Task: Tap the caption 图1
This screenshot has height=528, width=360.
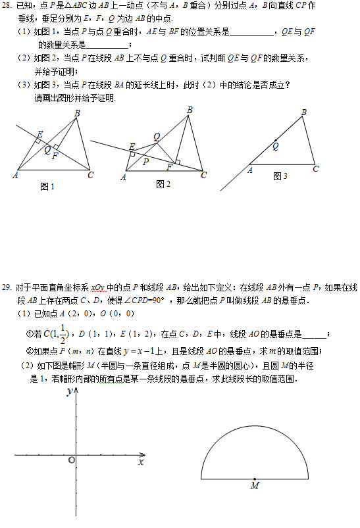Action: (47, 187)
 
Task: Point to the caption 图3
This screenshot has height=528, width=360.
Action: (280, 176)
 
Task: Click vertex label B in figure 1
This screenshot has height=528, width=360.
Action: (77, 114)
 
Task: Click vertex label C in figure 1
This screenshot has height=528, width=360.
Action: (90, 175)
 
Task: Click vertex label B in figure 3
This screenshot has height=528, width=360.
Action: (304, 112)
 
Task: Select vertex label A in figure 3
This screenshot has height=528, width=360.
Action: (250, 170)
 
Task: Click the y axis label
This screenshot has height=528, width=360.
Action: (69, 392)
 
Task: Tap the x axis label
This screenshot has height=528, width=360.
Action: (141, 462)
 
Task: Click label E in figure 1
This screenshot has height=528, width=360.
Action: (39, 134)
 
